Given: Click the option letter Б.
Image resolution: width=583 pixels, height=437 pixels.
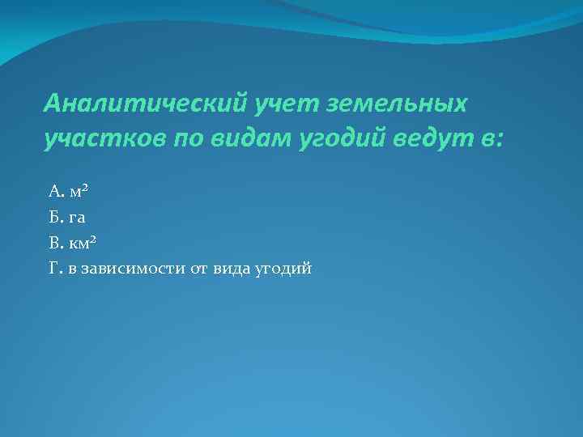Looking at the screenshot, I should (55, 217).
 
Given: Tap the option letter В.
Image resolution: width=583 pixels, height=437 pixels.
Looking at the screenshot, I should (55, 243).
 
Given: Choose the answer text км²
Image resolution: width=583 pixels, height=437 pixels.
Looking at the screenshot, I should (84, 242).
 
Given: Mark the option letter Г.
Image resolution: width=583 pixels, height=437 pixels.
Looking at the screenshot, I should (54, 269).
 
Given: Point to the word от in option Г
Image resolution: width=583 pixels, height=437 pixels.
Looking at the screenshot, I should (199, 269).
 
